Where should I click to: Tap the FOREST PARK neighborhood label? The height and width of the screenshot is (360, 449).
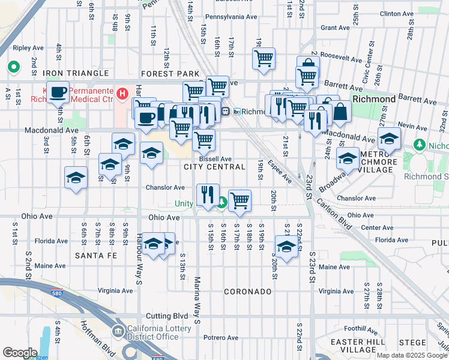170,73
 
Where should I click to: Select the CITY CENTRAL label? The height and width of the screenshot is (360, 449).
207,166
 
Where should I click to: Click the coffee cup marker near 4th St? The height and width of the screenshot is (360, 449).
58,92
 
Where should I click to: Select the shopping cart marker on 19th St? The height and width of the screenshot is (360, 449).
264,59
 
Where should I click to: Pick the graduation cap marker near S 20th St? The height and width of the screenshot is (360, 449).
286,246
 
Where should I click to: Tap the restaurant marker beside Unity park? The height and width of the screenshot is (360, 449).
207,194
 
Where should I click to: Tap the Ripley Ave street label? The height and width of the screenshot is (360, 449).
28,47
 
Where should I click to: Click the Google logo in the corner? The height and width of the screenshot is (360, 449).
20,353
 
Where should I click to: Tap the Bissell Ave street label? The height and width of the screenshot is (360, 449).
215,158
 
